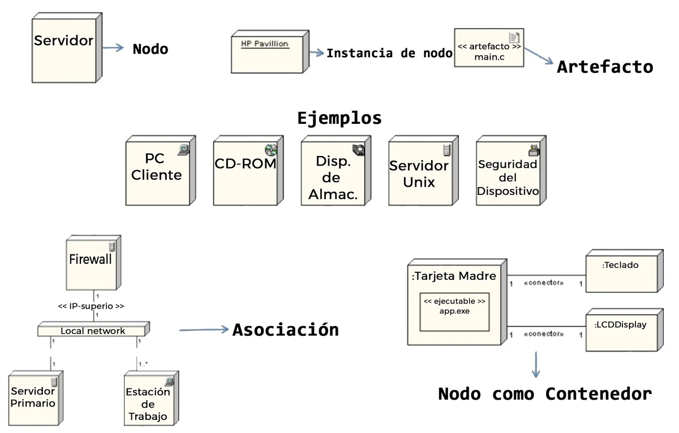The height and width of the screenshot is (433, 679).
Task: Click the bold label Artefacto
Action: [605, 67]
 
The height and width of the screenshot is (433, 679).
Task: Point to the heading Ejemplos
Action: [339, 118]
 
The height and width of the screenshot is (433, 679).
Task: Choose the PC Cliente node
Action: [157, 172]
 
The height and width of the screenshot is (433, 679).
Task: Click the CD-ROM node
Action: [244, 172]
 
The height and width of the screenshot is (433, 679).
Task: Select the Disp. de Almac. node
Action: [333, 172]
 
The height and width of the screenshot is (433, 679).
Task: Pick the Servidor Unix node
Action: [419, 172]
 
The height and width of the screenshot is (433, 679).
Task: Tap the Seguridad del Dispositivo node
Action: [508, 172]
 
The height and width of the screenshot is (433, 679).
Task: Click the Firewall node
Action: [91, 264]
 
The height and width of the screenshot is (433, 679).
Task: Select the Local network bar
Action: [93, 330]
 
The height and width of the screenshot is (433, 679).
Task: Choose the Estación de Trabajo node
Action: [148, 399]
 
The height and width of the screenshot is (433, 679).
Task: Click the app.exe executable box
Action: [454, 311]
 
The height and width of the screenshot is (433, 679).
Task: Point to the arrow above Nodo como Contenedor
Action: [536, 364]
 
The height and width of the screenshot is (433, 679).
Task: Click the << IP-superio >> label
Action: [91, 306]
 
